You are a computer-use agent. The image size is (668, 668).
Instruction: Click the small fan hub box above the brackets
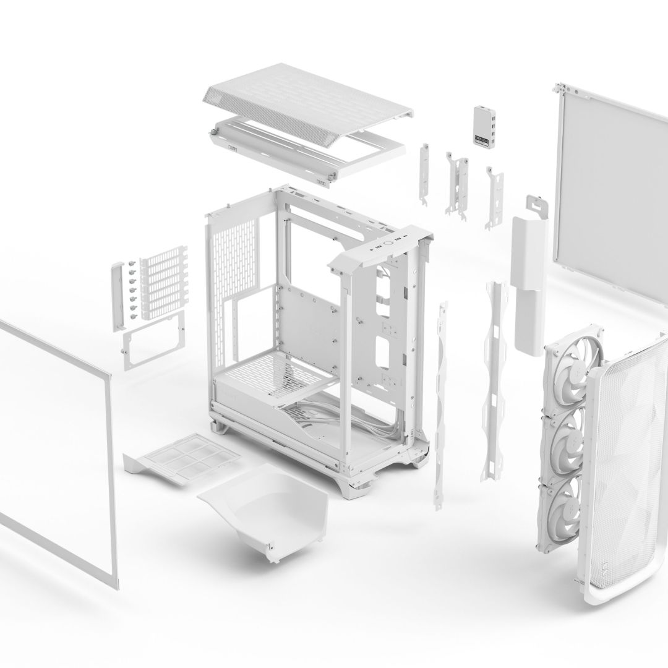[484, 127]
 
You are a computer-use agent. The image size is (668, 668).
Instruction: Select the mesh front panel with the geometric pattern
[625, 458]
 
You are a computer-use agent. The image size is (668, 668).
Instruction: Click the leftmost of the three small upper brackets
[426, 173]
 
